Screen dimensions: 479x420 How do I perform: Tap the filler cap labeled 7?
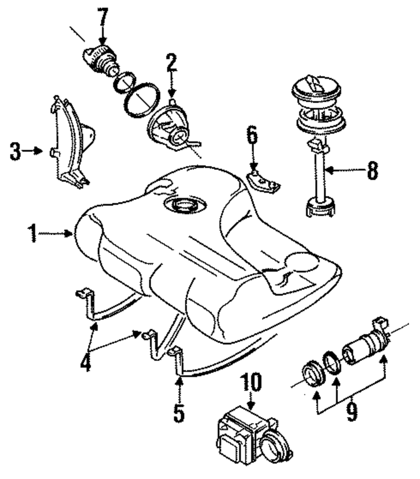pyautogui.click(x=100, y=61)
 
